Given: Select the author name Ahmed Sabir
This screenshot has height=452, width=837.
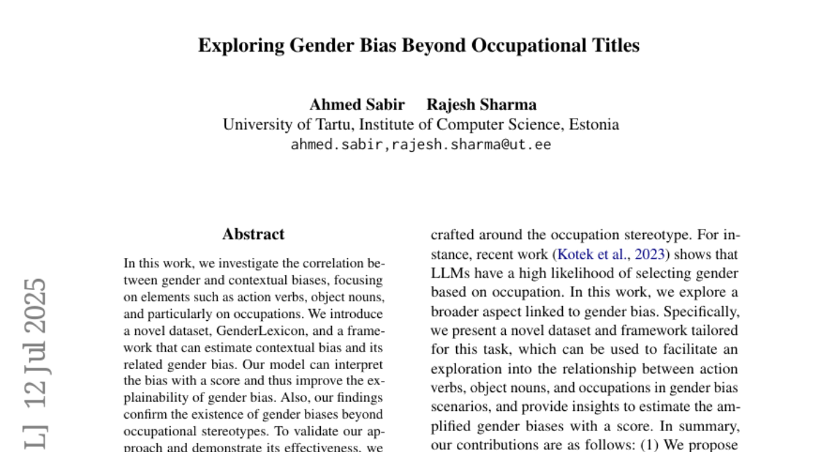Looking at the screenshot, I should point(357,105).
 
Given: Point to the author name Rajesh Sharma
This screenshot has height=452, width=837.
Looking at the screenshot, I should point(481,105).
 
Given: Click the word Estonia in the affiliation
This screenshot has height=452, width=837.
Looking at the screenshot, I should point(594,125).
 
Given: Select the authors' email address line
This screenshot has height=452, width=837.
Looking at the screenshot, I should point(421,145).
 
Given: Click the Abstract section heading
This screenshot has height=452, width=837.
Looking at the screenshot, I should point(253,234).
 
